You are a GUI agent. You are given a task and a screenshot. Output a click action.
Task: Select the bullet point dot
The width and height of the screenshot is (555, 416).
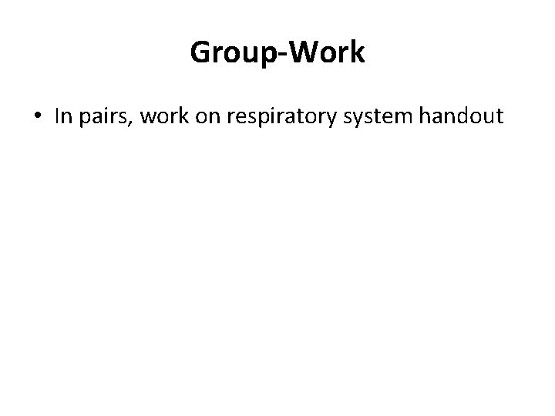(38, 117)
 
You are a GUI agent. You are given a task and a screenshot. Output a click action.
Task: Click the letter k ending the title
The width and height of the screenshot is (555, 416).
(358, 53)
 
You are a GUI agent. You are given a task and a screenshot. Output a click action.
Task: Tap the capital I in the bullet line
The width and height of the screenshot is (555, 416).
(58, 116)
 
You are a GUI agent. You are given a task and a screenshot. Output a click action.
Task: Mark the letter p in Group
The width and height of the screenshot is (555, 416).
(268, 56)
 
